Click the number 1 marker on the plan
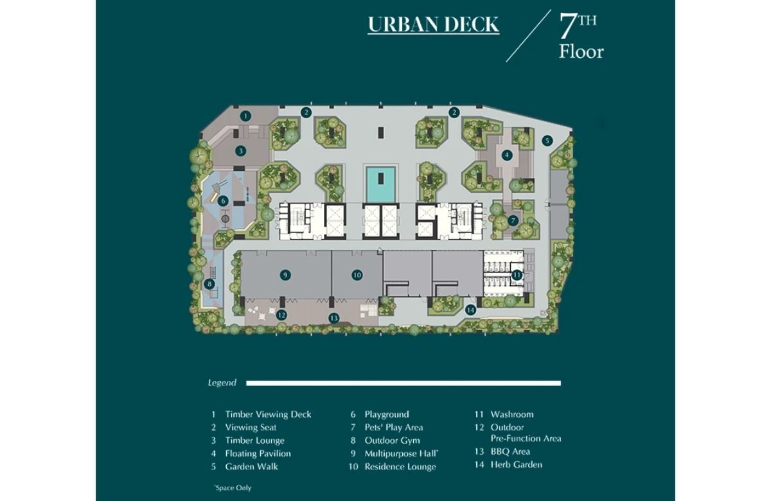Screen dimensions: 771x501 245,116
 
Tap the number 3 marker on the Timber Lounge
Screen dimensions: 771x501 240,151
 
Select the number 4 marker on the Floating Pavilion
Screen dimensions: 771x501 507,155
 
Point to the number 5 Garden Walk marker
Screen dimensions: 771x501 547,141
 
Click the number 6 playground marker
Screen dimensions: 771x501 223,201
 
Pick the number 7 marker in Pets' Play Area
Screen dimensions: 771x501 513,220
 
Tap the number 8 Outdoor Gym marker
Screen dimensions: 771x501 209,284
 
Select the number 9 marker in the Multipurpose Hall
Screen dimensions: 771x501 285,275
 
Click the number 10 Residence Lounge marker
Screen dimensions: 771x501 357,275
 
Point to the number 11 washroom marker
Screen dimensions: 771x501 517,275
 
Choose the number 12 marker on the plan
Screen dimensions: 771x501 281,315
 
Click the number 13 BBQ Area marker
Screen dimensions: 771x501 333,318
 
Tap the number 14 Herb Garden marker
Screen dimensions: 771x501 470,310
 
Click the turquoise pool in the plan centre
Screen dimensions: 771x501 380,185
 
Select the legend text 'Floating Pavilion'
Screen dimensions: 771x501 258,453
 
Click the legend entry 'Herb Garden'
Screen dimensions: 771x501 517,464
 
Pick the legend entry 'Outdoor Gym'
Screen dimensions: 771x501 393,441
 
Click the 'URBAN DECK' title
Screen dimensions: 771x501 434,25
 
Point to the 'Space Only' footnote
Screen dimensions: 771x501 233,488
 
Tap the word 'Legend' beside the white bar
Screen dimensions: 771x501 222,383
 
